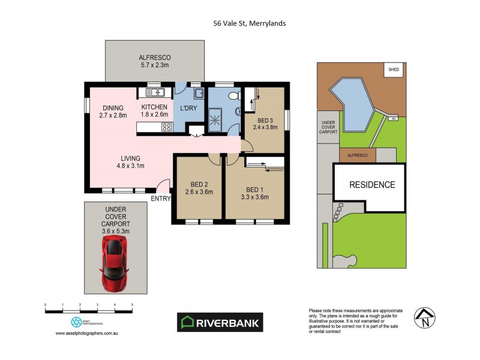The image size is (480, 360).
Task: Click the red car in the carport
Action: tap(115, 263)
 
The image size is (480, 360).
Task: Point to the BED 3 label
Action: tap(262, 120)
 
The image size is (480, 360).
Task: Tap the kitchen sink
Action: tap(155, 92)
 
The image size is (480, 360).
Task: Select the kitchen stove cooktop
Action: tap(164, 127)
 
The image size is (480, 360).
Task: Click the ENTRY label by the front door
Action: tap(161, 199)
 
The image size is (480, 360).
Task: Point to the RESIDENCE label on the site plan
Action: tap(373, 185)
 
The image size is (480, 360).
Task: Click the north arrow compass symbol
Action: tap(425, 318)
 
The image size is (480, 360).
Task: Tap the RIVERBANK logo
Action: tap(221, 322)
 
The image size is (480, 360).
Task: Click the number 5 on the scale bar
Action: tap(132, 305)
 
